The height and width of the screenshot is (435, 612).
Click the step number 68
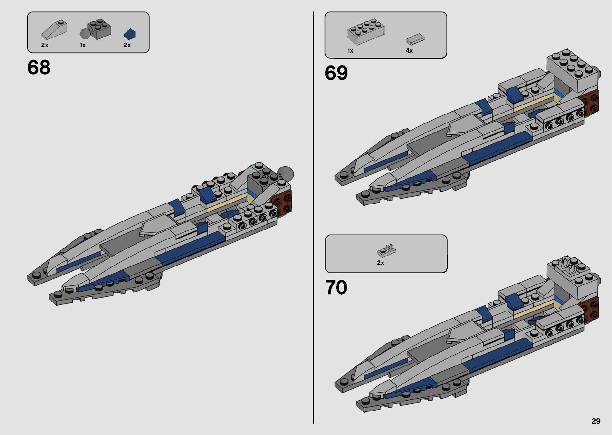39,68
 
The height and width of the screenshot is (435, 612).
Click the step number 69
336,73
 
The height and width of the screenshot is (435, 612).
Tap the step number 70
336,288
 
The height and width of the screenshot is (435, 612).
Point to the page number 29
596,421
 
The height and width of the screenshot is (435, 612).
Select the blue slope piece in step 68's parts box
130,34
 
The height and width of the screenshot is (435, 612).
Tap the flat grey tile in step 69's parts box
415,39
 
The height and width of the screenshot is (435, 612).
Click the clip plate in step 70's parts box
387,250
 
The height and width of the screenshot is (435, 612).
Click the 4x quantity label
409,51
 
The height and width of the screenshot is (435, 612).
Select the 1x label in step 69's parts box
350,51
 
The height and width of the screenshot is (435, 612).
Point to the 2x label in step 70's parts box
380,263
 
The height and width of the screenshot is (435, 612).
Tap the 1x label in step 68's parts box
83,45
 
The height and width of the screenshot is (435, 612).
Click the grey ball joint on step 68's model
286,173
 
